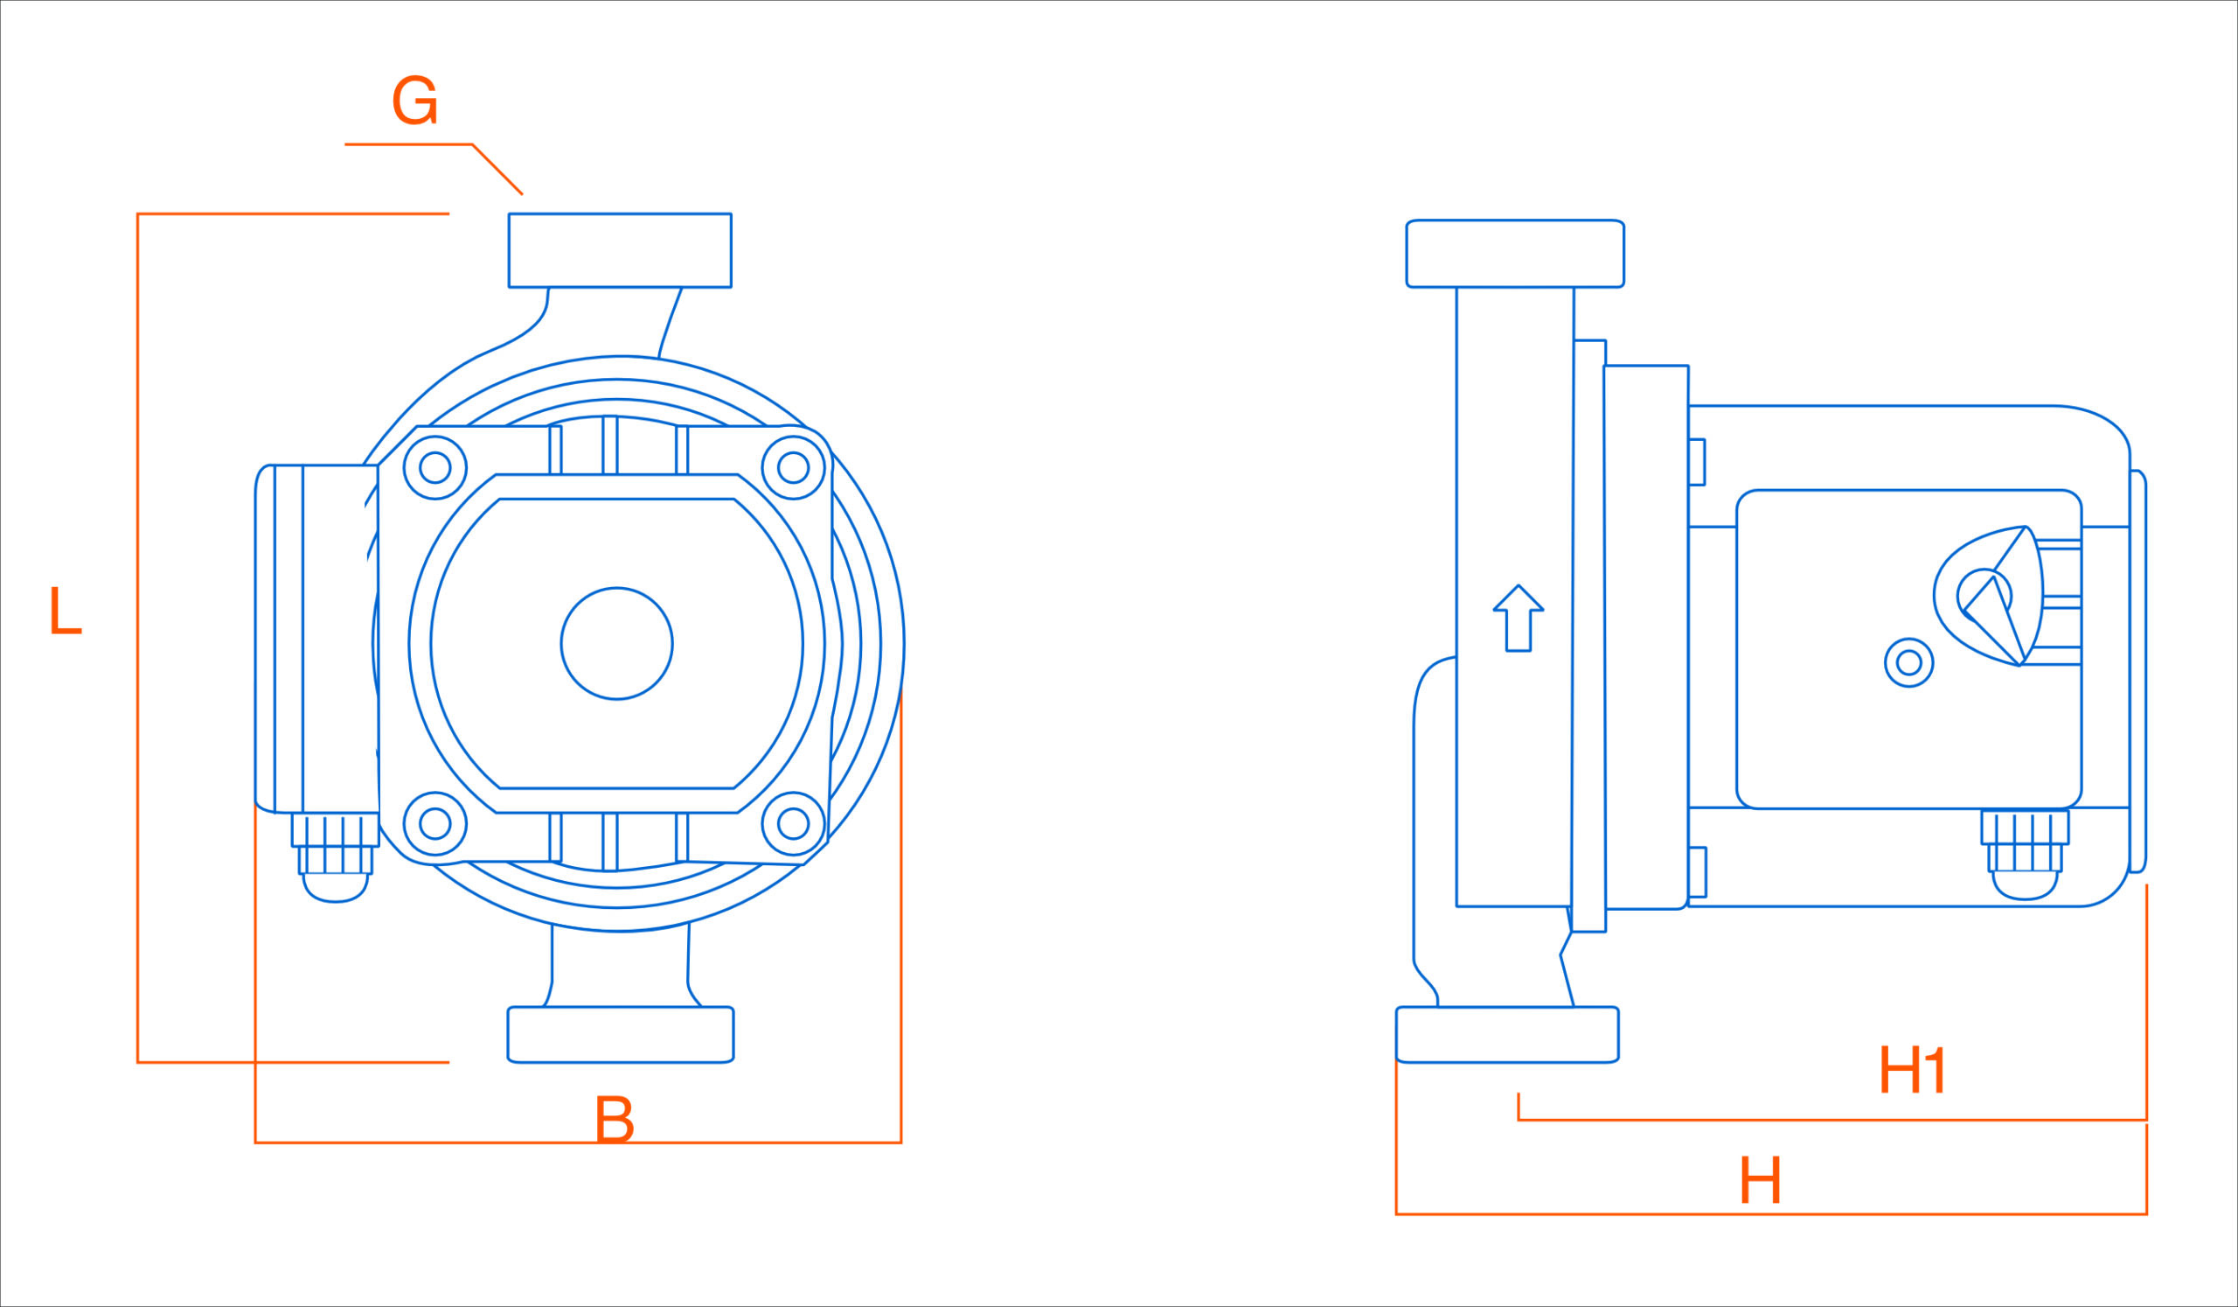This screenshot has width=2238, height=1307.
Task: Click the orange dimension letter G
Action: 414,100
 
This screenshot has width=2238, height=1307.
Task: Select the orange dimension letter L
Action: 65,611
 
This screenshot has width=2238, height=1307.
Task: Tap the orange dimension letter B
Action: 614,1120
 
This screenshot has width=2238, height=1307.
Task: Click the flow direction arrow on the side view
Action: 1519,619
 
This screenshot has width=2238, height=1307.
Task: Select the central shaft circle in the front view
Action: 616,643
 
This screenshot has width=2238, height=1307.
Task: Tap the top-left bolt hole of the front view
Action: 434,467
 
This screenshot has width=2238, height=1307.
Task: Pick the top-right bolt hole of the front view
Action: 793,467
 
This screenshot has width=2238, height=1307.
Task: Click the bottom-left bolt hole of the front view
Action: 434,823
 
